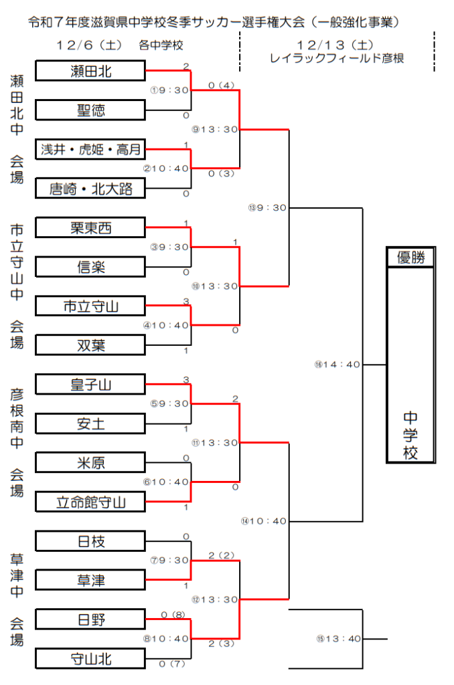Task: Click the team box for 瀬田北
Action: point(90,71)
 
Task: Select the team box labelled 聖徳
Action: point(90,110)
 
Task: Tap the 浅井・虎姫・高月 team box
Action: point(90,149)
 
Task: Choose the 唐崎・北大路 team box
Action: point(90,189)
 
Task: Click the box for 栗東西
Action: point(90,228)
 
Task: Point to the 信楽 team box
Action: point(90,267)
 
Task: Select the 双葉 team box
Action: point(90,345)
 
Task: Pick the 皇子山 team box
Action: point(90,385)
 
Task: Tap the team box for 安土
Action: point(90,423)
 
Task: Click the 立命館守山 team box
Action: point(90,502)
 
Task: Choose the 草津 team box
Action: point(90,580)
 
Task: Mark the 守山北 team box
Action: point(90,659)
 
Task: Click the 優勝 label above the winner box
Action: point(411,258)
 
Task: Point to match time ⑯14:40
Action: point(338,365)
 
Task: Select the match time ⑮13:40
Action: point(338,638)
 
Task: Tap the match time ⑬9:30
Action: point(267,207)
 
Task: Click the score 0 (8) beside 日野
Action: point(173,614)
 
